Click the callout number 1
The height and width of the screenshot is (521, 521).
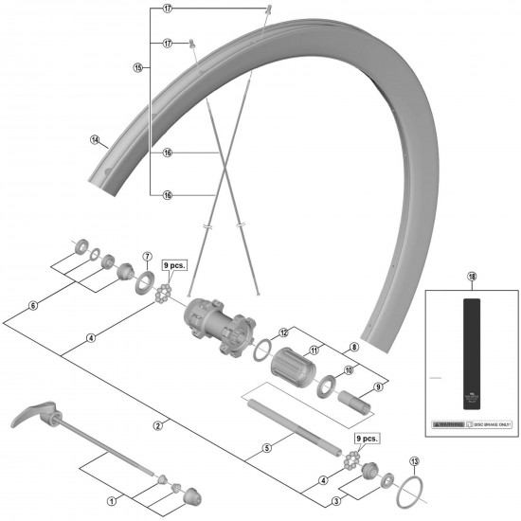click(112, 501)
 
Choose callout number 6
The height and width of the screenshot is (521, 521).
click(33, 306)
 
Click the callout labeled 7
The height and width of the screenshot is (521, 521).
click(147, 257)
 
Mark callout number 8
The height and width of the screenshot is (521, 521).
click(353, 348)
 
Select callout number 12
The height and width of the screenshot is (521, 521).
click(282, 332)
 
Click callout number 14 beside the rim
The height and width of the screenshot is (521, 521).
click(95, 140)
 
